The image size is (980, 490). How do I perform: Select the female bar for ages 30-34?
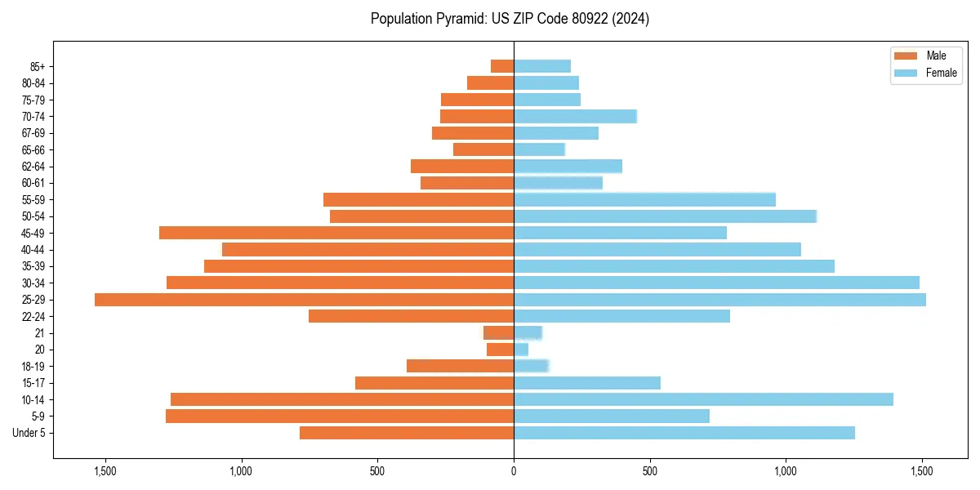click(716, 283)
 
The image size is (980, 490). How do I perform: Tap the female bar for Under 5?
click(684, 433)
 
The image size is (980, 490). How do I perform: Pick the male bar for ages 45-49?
click(336, 233)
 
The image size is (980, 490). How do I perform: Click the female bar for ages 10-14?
click(703, 399)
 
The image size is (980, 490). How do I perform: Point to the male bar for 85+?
click(502, 66)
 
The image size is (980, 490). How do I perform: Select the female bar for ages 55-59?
click(644, 199)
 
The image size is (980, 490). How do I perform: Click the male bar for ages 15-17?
click(434, 383)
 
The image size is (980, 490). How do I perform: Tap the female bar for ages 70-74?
click(575, 116)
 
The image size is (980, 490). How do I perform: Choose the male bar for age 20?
click(501, 350)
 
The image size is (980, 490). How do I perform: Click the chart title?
click(510, 19)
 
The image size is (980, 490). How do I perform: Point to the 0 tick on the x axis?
click(514, 471)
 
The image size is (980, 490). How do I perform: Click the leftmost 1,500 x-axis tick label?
click(105, 471)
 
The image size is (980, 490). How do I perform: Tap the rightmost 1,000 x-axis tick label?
click(786, 471)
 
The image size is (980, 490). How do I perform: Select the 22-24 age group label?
click(33, 317)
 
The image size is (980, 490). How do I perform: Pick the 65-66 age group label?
click(33, 149)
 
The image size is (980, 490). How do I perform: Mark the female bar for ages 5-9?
click(612, 416)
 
